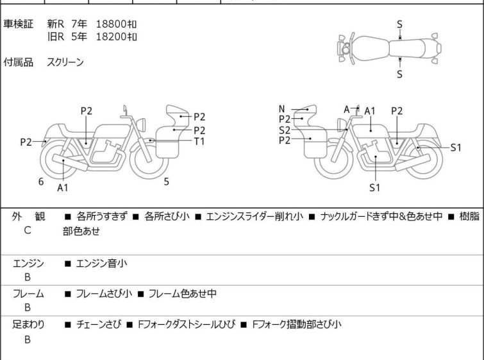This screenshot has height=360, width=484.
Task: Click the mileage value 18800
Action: coord(112,24)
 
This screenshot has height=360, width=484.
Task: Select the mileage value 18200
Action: coord(112,37)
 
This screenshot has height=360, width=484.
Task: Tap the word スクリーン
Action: coord(65,62)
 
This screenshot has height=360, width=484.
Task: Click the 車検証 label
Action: coord(18,24)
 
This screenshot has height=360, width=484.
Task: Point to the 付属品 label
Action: coord(18,62)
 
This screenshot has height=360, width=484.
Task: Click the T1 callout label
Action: coord(199,141)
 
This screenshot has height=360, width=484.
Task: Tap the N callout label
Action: coord(281,109)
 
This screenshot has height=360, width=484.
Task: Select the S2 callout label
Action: coord(284,130)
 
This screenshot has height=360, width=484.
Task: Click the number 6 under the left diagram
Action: coord(41,182)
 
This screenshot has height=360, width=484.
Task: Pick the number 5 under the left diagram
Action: coord(167,182)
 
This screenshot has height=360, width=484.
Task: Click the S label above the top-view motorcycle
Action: coord(399,24)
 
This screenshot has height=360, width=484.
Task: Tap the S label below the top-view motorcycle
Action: coord(399,74)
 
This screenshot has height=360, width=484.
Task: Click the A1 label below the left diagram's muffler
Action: coord(63,187)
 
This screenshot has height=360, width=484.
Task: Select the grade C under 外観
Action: coord(28,230)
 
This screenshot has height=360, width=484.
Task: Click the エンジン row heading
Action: coord(28,263)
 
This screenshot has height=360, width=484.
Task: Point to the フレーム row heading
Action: coord(28,293)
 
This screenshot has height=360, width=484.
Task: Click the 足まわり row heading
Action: coord(28,324)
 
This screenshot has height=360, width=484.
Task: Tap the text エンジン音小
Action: coord(101,263)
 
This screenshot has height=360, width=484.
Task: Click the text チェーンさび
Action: coord(99,324)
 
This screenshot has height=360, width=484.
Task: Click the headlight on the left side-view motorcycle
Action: coord(142,124)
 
